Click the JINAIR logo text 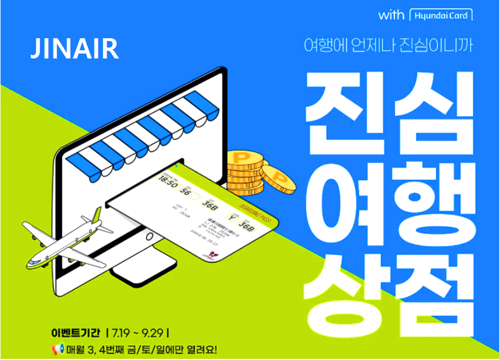(74, 49)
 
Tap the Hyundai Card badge (441, 15)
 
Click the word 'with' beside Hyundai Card (391, 15)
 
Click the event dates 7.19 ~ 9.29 (139, 332)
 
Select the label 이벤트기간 (76, 332)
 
